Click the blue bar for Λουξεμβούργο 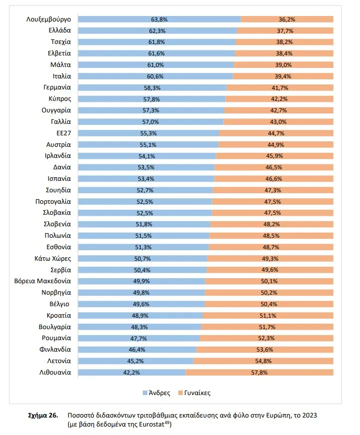pos(159,19)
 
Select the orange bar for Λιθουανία pos(259,372)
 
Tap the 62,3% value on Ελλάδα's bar pos(157,31)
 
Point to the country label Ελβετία pos(59,53)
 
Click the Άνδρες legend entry pos(156,393)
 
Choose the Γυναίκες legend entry pos(194,393)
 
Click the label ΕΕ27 pos(63,133)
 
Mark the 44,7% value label pos(276,133)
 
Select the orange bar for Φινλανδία pos(265,350)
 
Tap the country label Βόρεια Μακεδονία pos(42,281)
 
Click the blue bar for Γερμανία pos(152,88)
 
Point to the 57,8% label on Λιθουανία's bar pos(259,373)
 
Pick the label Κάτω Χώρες pos(53,259)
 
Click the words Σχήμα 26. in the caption pos(43,416)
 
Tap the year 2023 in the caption pos(310,416)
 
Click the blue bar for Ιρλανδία pos(147,156)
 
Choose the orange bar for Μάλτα pos(284,65)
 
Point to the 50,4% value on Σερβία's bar pos(142,270)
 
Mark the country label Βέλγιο pos(59,304)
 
